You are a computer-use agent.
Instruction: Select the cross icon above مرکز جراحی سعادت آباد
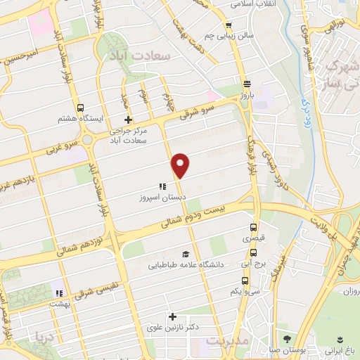127,120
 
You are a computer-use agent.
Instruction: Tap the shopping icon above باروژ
245,82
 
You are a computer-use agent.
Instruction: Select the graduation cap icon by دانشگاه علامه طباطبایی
186,254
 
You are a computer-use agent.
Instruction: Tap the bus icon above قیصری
255,227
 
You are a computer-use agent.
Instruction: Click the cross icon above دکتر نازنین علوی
171,316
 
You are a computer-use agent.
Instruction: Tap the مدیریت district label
226,341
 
